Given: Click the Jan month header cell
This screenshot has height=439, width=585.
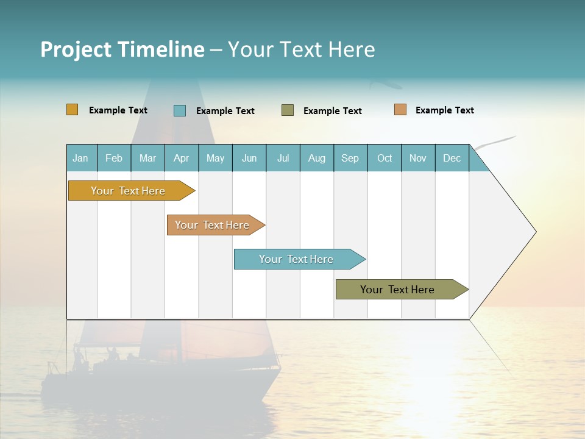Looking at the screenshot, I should (x=81, y=158).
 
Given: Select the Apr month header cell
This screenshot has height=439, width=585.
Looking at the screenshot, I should (x=182, y=158).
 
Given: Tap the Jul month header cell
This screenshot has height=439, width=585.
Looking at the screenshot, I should (x=283, y=158).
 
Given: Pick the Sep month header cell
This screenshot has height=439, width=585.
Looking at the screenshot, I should (x=350, y=158).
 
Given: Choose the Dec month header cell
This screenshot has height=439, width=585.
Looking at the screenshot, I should (x=452, y=158).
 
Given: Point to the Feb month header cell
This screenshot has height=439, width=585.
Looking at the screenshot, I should (x=114, y=158).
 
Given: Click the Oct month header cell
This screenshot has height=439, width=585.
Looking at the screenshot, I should (x=385, y=158).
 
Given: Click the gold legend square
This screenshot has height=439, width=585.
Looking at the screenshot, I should (x=73, y=110).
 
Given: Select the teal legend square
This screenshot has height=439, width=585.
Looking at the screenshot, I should (x=180, y=110).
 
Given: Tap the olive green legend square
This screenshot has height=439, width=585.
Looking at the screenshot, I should (x=288, y=110).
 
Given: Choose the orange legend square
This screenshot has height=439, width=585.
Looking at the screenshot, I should (x=400, y=110).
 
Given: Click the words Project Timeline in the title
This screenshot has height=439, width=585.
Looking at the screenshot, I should (x=122, y=49).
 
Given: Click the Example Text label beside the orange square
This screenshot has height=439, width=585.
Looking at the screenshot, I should (x=444, y=110).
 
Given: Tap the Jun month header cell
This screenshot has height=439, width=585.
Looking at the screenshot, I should (x=249, y=158).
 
